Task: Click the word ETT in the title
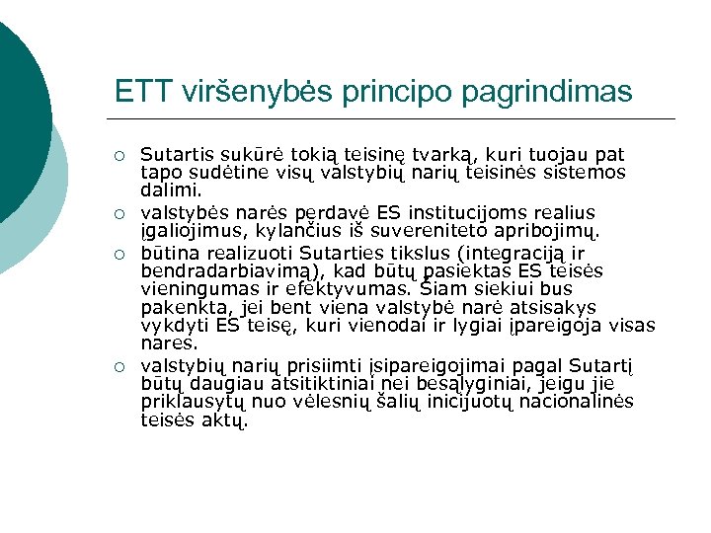[144, 91]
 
